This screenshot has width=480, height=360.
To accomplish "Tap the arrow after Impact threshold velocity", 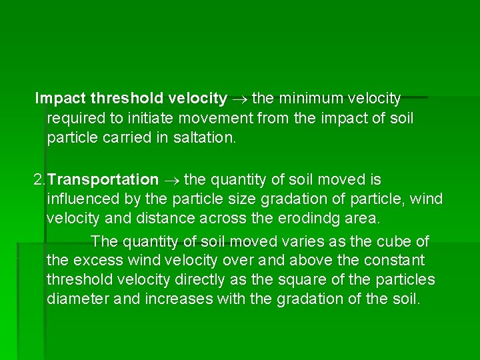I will click(x=240, y=99).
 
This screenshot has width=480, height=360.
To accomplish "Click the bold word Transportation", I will click(x=103, y=179).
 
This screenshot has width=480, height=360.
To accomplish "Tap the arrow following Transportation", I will click(x=171, y=180).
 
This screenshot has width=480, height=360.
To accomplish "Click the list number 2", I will click(x=38, y=179).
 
